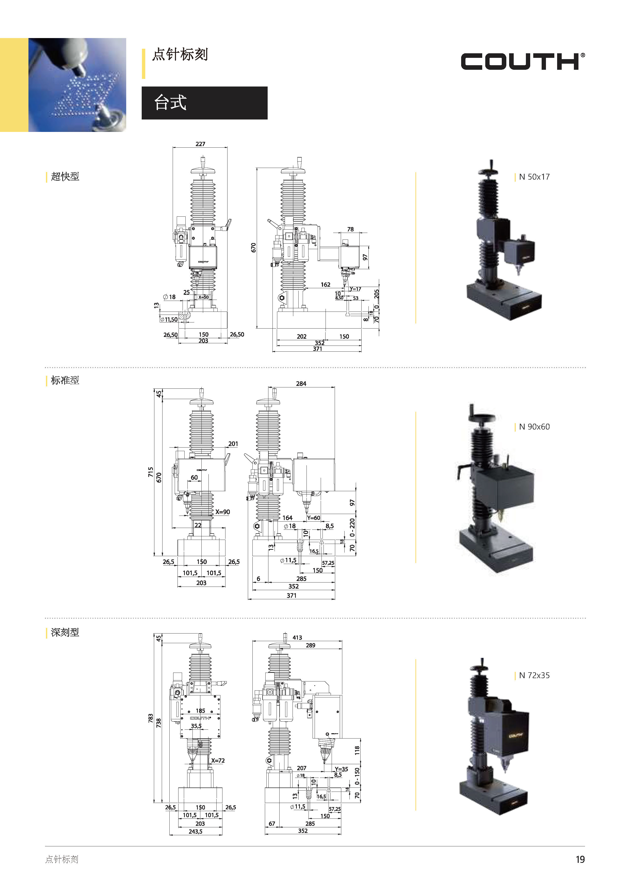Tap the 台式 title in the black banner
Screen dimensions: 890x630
pos(170,103)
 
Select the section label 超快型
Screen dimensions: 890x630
pos(65,177)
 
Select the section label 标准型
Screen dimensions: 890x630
pos(65,381)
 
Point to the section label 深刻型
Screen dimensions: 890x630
pos(65,632)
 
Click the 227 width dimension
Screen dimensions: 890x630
pos(200,144)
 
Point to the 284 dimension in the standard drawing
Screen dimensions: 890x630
pos(301,384)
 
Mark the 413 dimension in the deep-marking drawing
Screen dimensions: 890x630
pos(297,638)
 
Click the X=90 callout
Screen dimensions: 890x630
pos(223,512)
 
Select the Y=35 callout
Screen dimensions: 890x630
pos(341,769)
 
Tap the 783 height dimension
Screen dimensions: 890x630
pos(151,718)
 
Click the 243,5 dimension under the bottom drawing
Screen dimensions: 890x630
pos(196,831)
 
